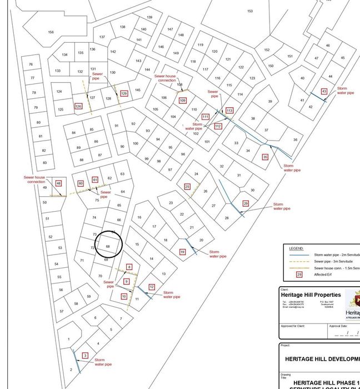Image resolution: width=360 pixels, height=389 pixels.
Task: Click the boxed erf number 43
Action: [x=324, y=91]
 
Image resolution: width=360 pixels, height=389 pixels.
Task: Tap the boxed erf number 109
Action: [x=183, y=101]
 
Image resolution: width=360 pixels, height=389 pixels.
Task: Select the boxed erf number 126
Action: [x=78, y=106]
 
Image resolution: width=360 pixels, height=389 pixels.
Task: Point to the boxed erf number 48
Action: [x=58, y=183]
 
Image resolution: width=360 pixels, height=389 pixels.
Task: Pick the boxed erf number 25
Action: [x=187, y=187]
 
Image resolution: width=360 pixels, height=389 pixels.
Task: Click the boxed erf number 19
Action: [x=182, y=252]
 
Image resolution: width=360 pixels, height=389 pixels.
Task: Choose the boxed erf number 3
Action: [x=85, y=355]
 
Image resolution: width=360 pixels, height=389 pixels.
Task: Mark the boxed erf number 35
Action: [x=265, y=157]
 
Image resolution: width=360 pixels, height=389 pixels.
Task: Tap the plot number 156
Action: [x=51, y=32]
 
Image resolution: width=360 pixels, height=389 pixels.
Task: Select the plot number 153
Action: [x=250, y=11]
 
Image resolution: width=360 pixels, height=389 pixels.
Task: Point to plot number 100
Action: [x=136, y=143]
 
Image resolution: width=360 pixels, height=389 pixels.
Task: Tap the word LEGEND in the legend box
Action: [x=296, y=248]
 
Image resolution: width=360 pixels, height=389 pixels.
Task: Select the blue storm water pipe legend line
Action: [x=298, y=255]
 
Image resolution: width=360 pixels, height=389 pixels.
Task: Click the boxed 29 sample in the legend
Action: [x=299, y=274]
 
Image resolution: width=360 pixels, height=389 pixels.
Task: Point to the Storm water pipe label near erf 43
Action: [x=346, y=91]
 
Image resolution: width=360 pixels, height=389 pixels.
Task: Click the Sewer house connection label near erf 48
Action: [x=36, y=179]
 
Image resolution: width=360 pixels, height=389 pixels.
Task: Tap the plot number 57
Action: [x=62, y=311]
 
